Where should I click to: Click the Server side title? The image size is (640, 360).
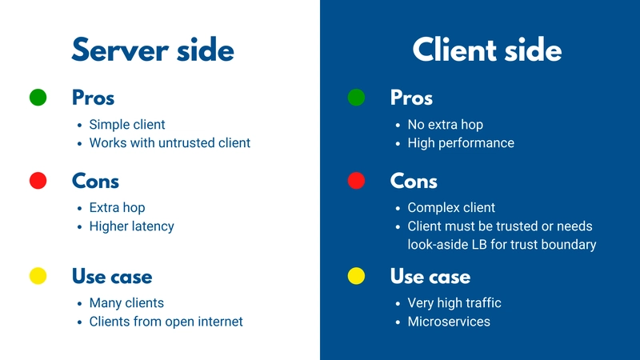point(153,50)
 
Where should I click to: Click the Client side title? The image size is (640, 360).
point(487,50)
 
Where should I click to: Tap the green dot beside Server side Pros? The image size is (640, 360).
point(38,98)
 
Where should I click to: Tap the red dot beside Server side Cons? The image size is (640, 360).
point(38,181)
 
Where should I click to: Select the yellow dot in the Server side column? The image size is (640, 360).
point(38,276)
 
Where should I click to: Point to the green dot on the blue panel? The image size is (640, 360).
point(356,98)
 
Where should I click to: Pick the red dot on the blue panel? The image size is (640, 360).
point(356,181)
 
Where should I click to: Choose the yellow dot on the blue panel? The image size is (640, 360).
point(356,276)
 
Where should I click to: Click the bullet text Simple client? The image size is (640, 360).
point(127,125)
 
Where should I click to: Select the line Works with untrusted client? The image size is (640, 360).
point(170,143)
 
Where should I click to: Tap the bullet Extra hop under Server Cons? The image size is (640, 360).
point(117,208)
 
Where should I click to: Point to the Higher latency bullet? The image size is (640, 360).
point(131,226)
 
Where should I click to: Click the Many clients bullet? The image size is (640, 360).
point(126,303)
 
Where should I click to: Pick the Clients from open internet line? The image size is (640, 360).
point(166,322)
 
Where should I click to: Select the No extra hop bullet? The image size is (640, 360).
point(446,125)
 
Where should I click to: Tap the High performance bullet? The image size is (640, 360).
point(461,143)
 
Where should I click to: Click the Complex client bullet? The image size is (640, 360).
point(451,208)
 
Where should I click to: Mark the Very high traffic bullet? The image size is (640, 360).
point(454,303)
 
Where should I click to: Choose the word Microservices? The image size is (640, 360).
point(449,322)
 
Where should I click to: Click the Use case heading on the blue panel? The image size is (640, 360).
point(430,276)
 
